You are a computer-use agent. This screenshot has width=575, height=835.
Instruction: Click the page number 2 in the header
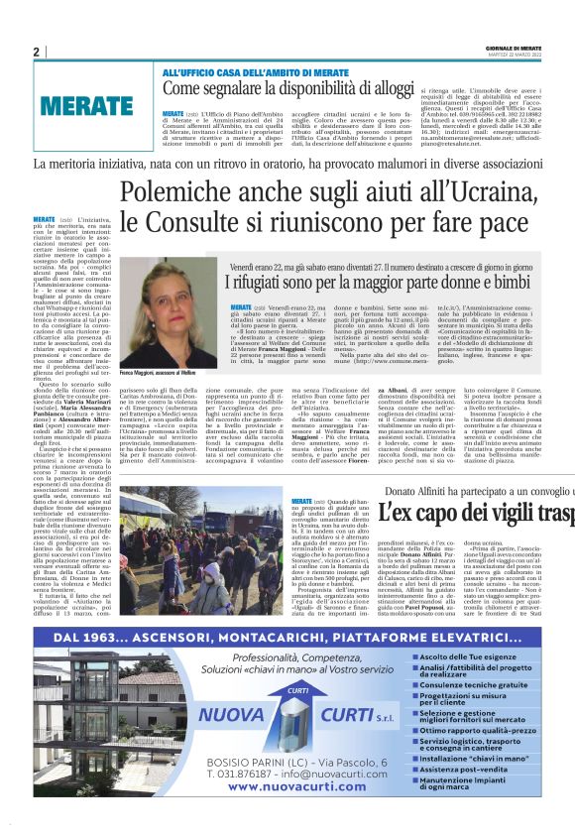point(36,52)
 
